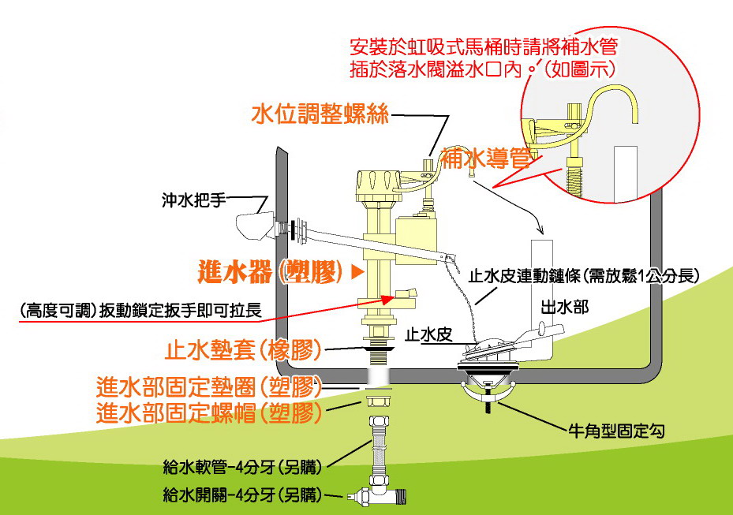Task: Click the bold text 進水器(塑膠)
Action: (267, 273)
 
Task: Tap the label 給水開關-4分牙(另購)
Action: (243, 496)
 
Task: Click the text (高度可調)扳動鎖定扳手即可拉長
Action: (142, 310)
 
